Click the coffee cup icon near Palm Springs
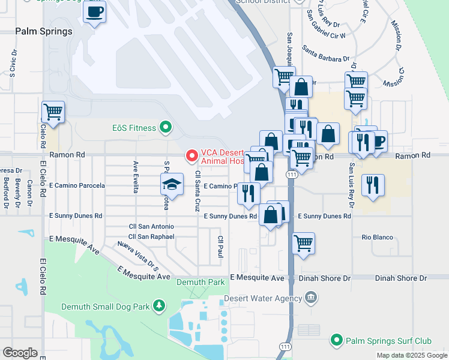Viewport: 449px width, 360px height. tap(94, 13)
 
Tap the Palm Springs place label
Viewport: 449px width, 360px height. tap(44, 31)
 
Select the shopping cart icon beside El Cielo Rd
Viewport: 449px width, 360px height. tap(53, 111)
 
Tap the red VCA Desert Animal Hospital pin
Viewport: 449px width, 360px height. tap(192, 156)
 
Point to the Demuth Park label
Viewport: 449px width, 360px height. tap(200, 282)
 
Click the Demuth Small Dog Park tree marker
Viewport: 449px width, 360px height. tap(158, 307)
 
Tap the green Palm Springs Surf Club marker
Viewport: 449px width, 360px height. tap(336, 341)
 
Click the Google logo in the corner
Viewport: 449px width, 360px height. tap(20, 353)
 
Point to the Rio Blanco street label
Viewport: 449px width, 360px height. tap(377, 237)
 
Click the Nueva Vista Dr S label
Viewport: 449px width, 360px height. tap(137, 253)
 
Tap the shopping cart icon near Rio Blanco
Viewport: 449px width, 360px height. tap(304, 244)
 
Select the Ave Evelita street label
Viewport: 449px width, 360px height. tap(136, 177)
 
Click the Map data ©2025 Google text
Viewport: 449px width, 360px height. tap(411, 355)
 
